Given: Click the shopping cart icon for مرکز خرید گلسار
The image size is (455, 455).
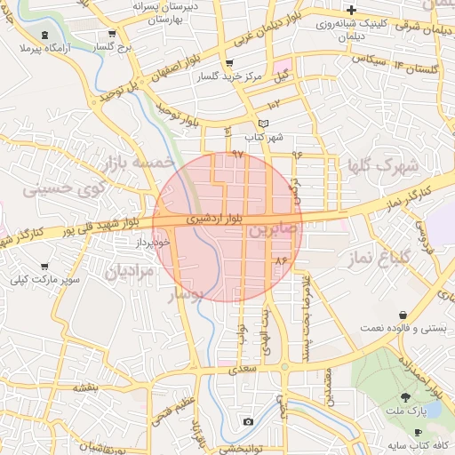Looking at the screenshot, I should click(x=229, y=64).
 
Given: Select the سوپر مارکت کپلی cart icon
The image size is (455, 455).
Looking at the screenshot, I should click(x=44, y=267).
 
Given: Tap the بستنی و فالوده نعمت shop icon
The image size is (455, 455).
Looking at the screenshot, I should click(x=404, y=315).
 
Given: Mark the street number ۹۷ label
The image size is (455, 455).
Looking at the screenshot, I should click(x=237, y=154).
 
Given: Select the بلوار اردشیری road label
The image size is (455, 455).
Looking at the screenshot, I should click(x=212, y=217).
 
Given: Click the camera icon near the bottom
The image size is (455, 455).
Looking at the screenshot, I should click(x=248, y=421).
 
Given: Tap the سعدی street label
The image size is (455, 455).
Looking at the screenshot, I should click(x=243, y=366).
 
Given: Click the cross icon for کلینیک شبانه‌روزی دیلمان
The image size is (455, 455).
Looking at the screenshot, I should click(x=352, y=9).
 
